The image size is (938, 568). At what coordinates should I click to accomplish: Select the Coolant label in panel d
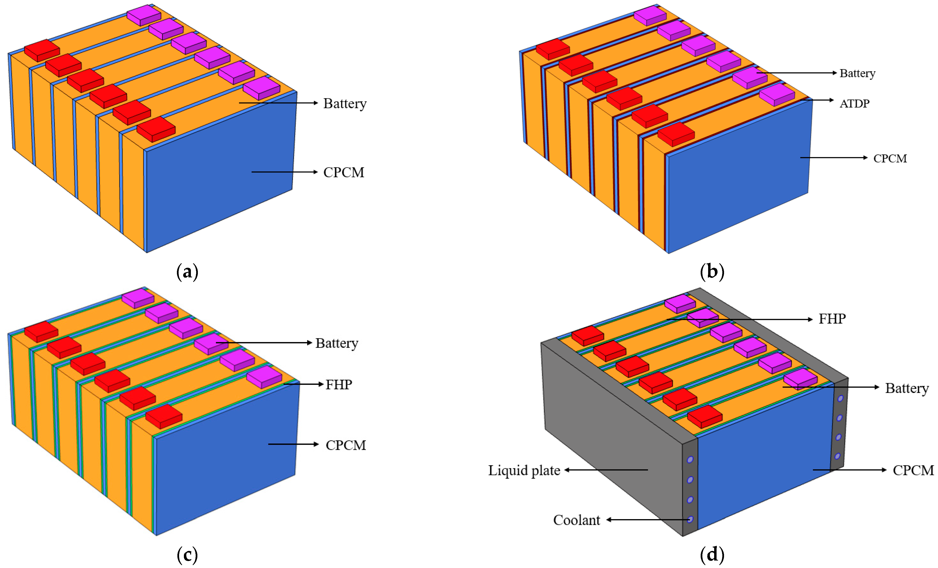[576, 520]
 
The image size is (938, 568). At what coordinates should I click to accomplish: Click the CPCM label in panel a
[343, 172]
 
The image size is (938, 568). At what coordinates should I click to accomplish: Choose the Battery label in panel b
[857, 73]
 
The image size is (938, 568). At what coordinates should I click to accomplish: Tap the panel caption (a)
[187, 272]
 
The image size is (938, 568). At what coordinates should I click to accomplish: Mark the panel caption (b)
[712, 272]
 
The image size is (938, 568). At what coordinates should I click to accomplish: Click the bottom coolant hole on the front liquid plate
[690, 519]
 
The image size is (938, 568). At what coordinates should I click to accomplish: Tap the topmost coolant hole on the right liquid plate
[841, 398]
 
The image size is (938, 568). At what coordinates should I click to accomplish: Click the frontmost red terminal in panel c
[164, 416]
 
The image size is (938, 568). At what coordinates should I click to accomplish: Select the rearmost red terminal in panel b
[552, 48]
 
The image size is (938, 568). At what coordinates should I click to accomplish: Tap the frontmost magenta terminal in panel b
[776, 94]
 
